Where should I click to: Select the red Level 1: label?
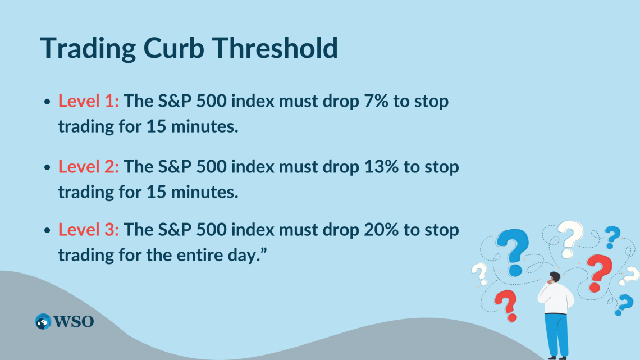[x=89, y=102]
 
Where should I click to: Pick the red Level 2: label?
[x=89, y=166]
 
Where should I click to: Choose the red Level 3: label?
[x=89, y=230]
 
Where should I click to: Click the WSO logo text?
[x=74, y=322]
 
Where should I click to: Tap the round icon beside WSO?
[x=43, y=322]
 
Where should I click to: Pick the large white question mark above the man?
[x=568, y=239]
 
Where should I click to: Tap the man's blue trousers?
[x=556, y=334]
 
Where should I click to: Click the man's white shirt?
[x=556, y=298]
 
